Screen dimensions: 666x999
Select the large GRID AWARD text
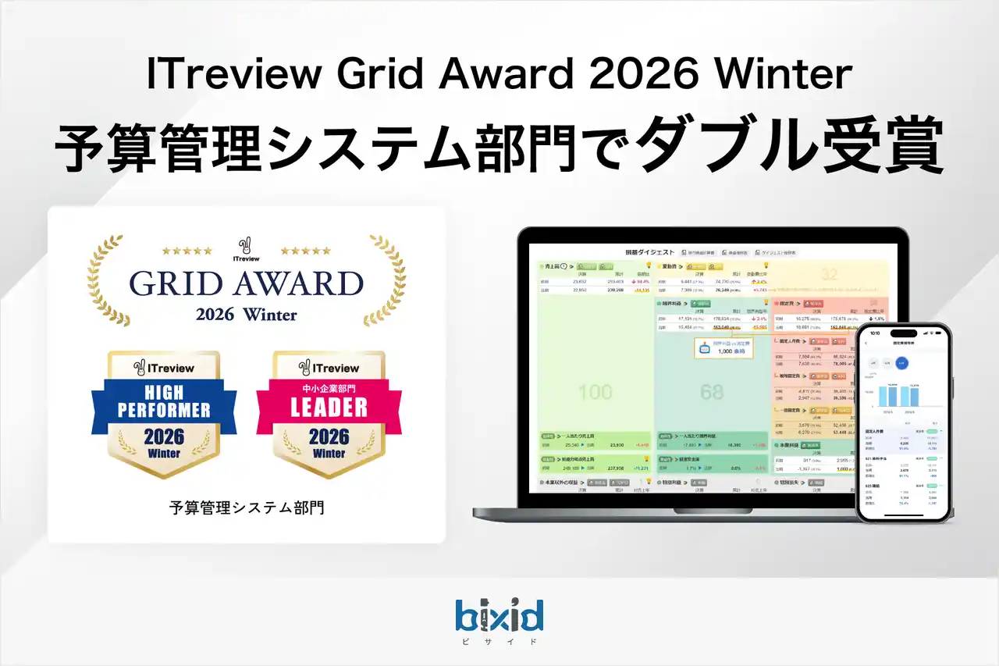tap(247, 283)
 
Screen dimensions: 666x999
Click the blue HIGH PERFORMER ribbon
tap(164, 399)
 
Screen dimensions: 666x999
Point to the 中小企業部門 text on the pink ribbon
tap(329, 387)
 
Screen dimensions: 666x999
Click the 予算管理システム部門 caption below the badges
tap(247, 508)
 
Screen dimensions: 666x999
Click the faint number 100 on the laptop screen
tap(595, 391)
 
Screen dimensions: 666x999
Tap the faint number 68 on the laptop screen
tap(711, 391)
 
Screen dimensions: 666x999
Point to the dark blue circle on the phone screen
tap(902, 362)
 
